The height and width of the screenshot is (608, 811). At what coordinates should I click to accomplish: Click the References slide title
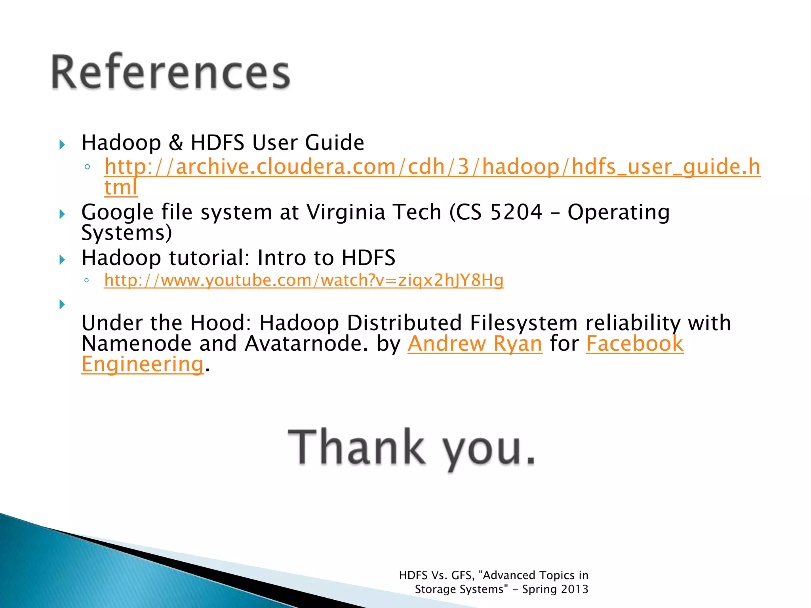tap(171, 73)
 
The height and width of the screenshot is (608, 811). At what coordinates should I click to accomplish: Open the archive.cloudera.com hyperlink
tap(432, 167)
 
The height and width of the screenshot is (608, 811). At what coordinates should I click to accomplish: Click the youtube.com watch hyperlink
tap(304, 280)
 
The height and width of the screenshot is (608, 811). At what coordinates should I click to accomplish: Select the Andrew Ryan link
tap(475, 344)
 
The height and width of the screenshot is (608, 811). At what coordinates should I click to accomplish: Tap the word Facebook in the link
tap(634, 344)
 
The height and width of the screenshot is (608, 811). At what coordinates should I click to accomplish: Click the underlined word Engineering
tap(143, 364)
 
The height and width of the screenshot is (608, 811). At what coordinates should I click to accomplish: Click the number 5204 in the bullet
tap(516, 212)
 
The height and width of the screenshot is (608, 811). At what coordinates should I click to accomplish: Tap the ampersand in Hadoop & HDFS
tap(176, 142)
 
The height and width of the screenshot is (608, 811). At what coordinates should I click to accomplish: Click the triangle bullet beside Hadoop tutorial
tap(62, 260)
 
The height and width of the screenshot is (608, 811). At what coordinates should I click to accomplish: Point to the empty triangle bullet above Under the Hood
tap(62, 304)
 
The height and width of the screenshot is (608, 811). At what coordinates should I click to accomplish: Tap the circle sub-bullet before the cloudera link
tap(87, 167)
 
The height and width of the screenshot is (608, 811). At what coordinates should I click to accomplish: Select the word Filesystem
tap(524, 323)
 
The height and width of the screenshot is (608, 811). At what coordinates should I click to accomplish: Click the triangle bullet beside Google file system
tap(62, 214)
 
